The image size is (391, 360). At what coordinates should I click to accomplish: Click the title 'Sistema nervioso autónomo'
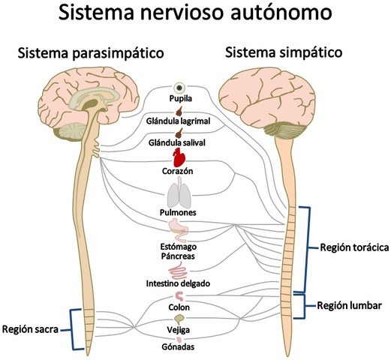195,15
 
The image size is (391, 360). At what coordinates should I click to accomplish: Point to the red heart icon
179,157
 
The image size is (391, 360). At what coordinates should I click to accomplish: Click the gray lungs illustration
179,196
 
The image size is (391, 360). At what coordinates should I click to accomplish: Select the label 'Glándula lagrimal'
179,120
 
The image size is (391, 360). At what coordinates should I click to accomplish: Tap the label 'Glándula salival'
179,142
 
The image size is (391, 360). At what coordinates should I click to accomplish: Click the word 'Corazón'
178,171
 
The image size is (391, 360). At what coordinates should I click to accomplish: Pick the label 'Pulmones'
179,213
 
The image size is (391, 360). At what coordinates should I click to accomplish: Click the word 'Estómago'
179,246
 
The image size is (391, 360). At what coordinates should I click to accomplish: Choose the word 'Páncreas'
179,256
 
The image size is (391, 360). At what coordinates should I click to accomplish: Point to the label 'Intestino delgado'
178,283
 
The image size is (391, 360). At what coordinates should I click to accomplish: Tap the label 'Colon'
179,307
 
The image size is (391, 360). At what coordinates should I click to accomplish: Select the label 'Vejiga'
179,330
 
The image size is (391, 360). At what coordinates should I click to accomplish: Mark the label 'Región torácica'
353,248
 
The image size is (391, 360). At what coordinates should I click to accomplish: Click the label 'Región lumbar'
350,305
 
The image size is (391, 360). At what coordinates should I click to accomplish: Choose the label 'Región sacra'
32,328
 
